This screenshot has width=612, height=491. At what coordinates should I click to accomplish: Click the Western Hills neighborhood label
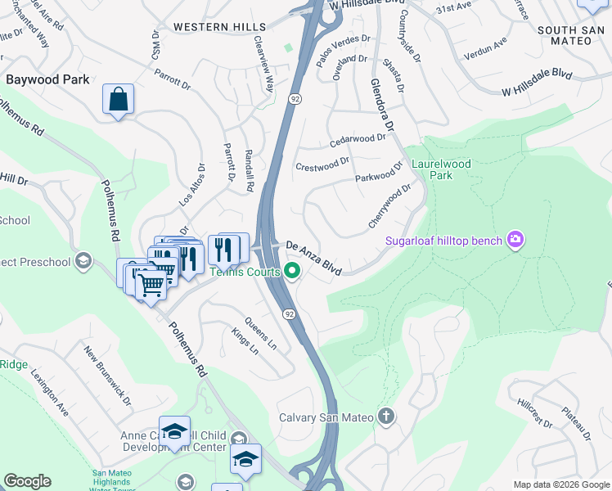point(219,27)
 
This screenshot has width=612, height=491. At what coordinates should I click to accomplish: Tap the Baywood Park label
point(46,80)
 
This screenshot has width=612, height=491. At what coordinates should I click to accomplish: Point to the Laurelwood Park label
point(442,169)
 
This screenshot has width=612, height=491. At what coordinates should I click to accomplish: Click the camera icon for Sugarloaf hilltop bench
point(515,240)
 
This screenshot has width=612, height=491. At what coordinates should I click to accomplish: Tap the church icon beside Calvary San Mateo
point(386,417)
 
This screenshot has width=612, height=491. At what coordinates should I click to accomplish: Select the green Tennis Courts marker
point(290,273)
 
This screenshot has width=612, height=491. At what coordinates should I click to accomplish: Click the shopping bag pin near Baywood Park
point(119,100)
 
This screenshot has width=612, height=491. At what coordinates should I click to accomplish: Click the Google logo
point(27,481)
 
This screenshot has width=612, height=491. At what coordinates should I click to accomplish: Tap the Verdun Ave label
point(488,51)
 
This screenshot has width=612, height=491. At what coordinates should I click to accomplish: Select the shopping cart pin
point(151,286)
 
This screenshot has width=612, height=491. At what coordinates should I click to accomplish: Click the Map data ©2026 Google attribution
point(560,484)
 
